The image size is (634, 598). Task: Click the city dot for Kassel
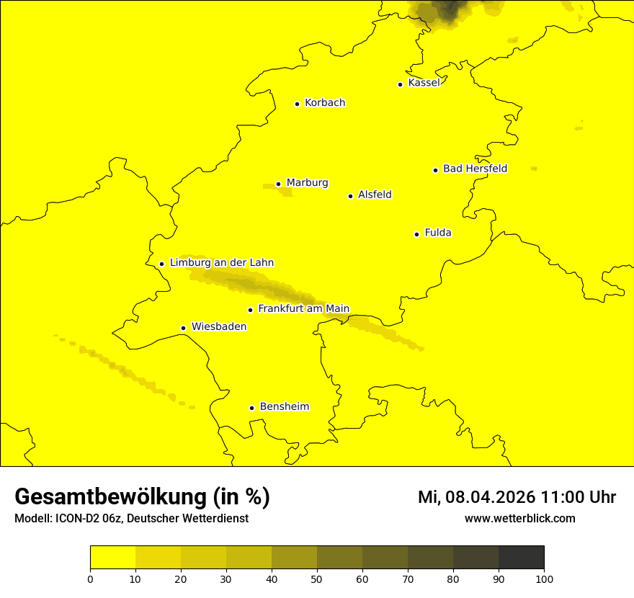400,84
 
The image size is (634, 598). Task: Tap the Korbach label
325,103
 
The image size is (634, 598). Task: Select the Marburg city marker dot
278,184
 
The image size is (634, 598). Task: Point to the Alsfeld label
375,195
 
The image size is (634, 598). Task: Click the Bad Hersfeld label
475,169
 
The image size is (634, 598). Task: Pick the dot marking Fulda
416,234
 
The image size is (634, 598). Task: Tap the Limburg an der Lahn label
222,263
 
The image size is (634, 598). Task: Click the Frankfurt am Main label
303,309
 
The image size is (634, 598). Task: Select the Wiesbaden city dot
183,328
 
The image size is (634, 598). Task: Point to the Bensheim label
284,406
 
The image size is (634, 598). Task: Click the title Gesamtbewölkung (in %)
142,497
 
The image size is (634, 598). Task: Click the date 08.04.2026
489,497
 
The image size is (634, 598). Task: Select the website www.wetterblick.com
520,518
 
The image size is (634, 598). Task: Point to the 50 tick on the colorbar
317,579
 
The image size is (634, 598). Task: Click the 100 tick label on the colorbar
544,579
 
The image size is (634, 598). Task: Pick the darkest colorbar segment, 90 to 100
521,558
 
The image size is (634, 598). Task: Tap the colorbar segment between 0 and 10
113,558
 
